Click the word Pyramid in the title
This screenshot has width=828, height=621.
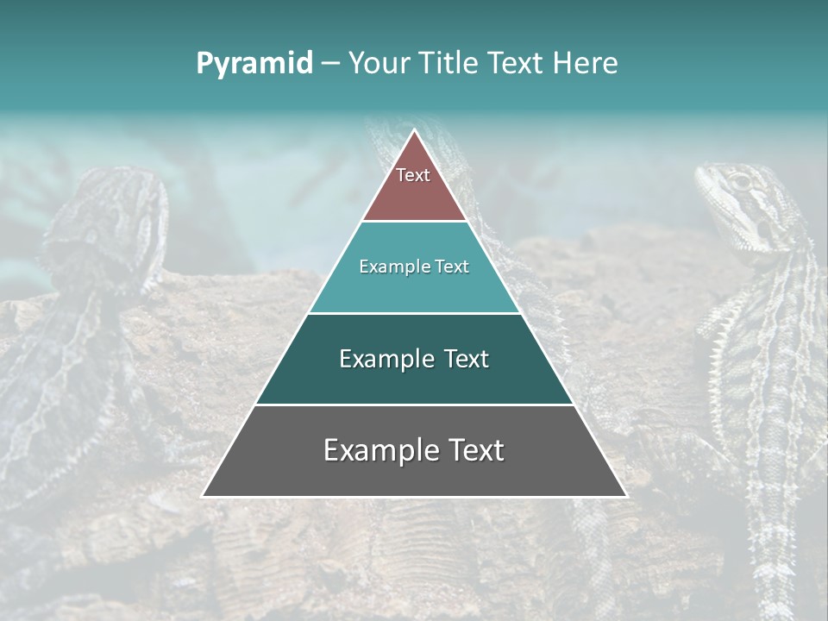[x=254, y=64]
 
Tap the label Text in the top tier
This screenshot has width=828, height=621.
[x=413, y=175]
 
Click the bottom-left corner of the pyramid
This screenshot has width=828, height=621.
[x=204, y=495]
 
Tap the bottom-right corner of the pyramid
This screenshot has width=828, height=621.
[x=625, y=495]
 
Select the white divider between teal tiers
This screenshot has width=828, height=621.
[x=414, y=313]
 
